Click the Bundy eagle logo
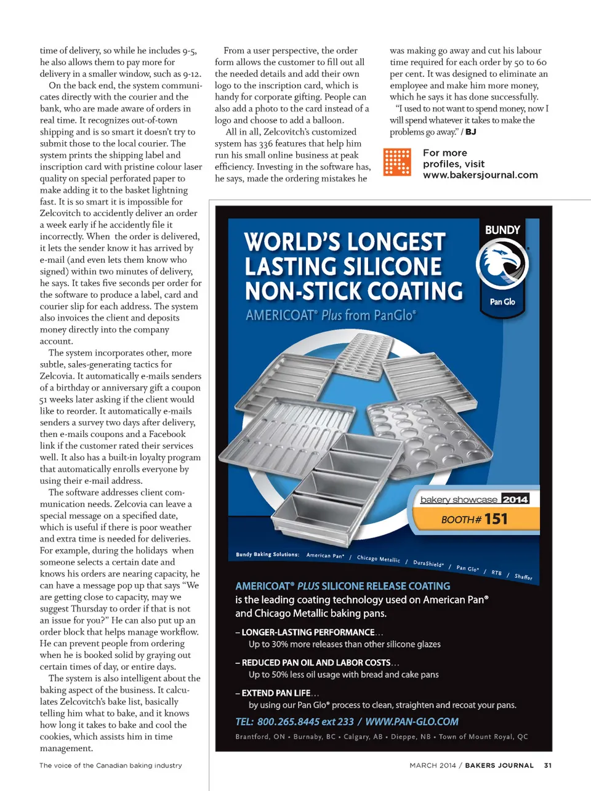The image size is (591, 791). coord(502,263)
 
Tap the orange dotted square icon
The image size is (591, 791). coord(396,162)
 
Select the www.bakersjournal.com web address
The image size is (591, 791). coord(480,175)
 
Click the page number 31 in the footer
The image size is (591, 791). coord(548,765)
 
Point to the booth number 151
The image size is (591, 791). coord(496,519)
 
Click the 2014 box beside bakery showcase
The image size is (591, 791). coord(515,499)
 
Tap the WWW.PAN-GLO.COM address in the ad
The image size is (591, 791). coord(412,721)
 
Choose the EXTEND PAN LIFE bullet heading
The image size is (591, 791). coord(276,693)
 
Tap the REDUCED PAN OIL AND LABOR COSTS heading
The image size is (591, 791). coord(316,662)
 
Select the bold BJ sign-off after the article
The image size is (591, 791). coord(471,132)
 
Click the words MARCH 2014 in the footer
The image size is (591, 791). coord(432,765)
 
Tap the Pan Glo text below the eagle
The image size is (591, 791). coord(502,302)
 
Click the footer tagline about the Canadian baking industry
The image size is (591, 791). coord(111,765)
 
